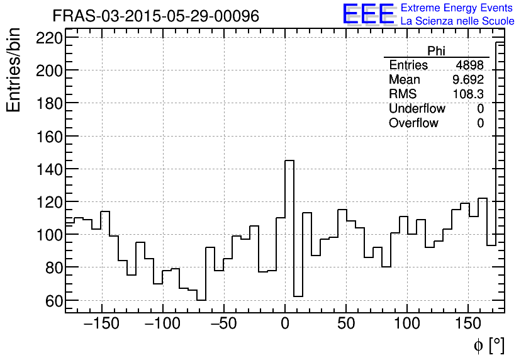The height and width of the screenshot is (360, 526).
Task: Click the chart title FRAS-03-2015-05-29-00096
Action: coord(155,16)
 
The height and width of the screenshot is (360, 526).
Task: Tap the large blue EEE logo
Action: coord(368,14)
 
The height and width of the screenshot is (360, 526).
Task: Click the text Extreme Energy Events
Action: coord(457,8)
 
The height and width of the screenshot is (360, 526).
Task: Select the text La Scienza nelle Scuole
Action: coord(457,21)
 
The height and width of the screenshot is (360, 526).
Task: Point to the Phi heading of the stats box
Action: coord(437,51)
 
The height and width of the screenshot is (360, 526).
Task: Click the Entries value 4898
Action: coord(469,65)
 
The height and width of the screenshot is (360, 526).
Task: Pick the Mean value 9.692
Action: coord(468,80)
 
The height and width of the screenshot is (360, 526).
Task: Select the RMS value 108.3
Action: coord(468,94)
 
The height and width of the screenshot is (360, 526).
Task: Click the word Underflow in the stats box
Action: coord(417,109)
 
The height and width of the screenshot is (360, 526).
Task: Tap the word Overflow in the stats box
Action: coord(413,123)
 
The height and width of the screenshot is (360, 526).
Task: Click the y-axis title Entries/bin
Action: coord(14,70)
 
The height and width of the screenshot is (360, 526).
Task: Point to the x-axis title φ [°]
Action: coord(489,345)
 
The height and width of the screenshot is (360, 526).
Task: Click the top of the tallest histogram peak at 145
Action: coord(289,160)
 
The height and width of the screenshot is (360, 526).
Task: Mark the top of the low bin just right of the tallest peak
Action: coord(298,296)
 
